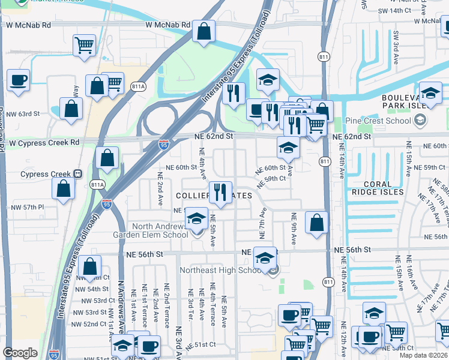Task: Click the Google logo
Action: pos(20,353)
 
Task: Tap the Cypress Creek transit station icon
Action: pos(77,174)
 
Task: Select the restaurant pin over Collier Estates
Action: pos(220,193)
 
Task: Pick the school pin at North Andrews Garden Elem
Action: pos(196,220)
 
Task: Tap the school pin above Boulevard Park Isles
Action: pos(430,93)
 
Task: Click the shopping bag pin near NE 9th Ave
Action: pos(316,223)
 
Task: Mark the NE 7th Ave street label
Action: pos(262,221)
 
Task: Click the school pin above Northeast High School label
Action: pos(264,258)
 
